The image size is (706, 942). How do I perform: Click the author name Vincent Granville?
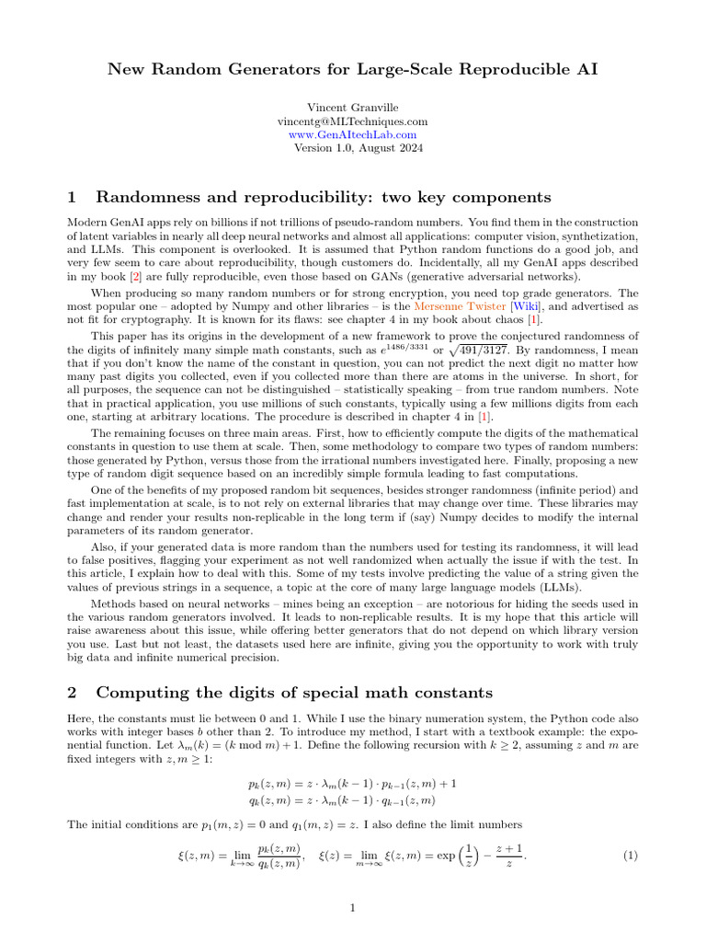click(x=352, y=108)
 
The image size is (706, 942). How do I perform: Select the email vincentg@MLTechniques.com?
click(x=352, y=121)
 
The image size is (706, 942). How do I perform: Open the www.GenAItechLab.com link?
click(x=352, y=134)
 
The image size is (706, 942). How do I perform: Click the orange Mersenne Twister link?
click(x=453, y=304)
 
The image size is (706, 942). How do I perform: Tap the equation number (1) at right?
click(x=630, y=856)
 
